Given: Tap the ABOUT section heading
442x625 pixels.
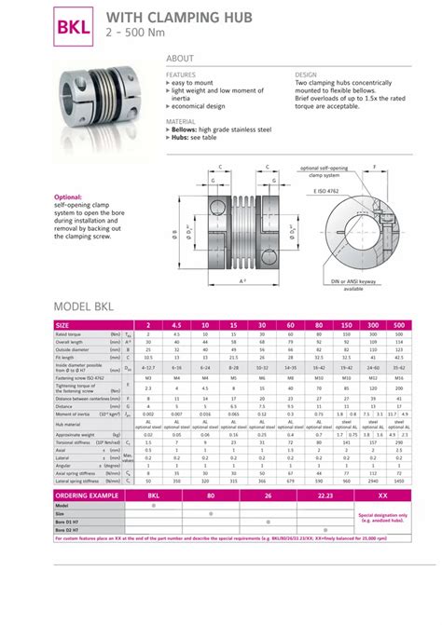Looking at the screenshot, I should click(180, 59).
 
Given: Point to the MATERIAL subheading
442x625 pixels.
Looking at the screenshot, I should click(180, 120).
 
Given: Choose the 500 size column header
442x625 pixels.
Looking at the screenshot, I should click(399, 325).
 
